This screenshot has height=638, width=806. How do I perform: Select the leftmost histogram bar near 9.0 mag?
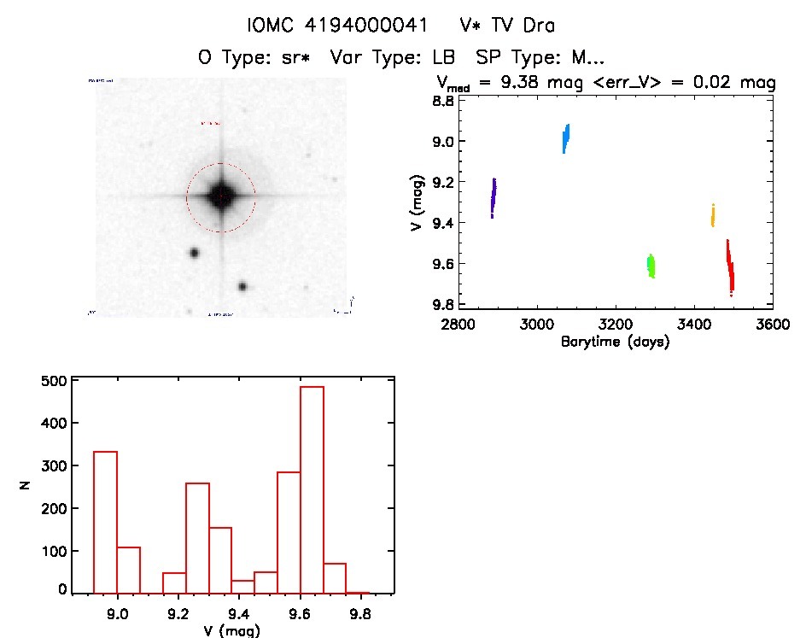[x=104, y=522]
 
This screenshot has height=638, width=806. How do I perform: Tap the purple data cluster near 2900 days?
[x=494, y=197]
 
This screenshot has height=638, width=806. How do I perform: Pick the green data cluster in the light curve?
[x=651, y=266]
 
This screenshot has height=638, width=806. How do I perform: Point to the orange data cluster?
[x=712, y=215]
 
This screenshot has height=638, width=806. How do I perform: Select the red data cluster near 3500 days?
[x=730, y=268]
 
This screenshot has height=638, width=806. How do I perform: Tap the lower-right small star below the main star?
[x=243, y=287]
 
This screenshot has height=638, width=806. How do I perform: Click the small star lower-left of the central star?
[x=194, y=253]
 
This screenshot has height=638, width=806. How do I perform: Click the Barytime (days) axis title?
[x=615, y=342]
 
